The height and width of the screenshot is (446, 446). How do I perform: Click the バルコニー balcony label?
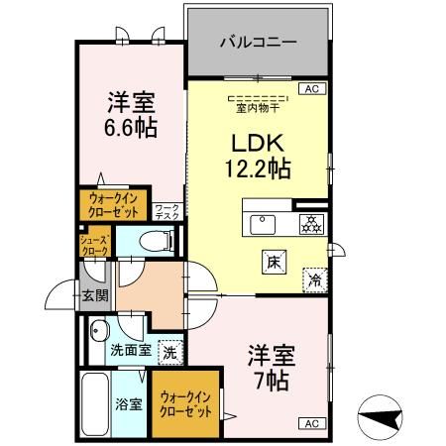[x=257, y=44]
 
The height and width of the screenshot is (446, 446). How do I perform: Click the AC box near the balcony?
[x=309, y=89]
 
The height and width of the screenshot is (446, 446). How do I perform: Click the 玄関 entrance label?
[x=94, y=294]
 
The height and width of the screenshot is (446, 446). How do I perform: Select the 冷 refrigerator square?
[x=315, y=279]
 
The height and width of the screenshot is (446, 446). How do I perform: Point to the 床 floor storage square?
[x=273, y=262]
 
